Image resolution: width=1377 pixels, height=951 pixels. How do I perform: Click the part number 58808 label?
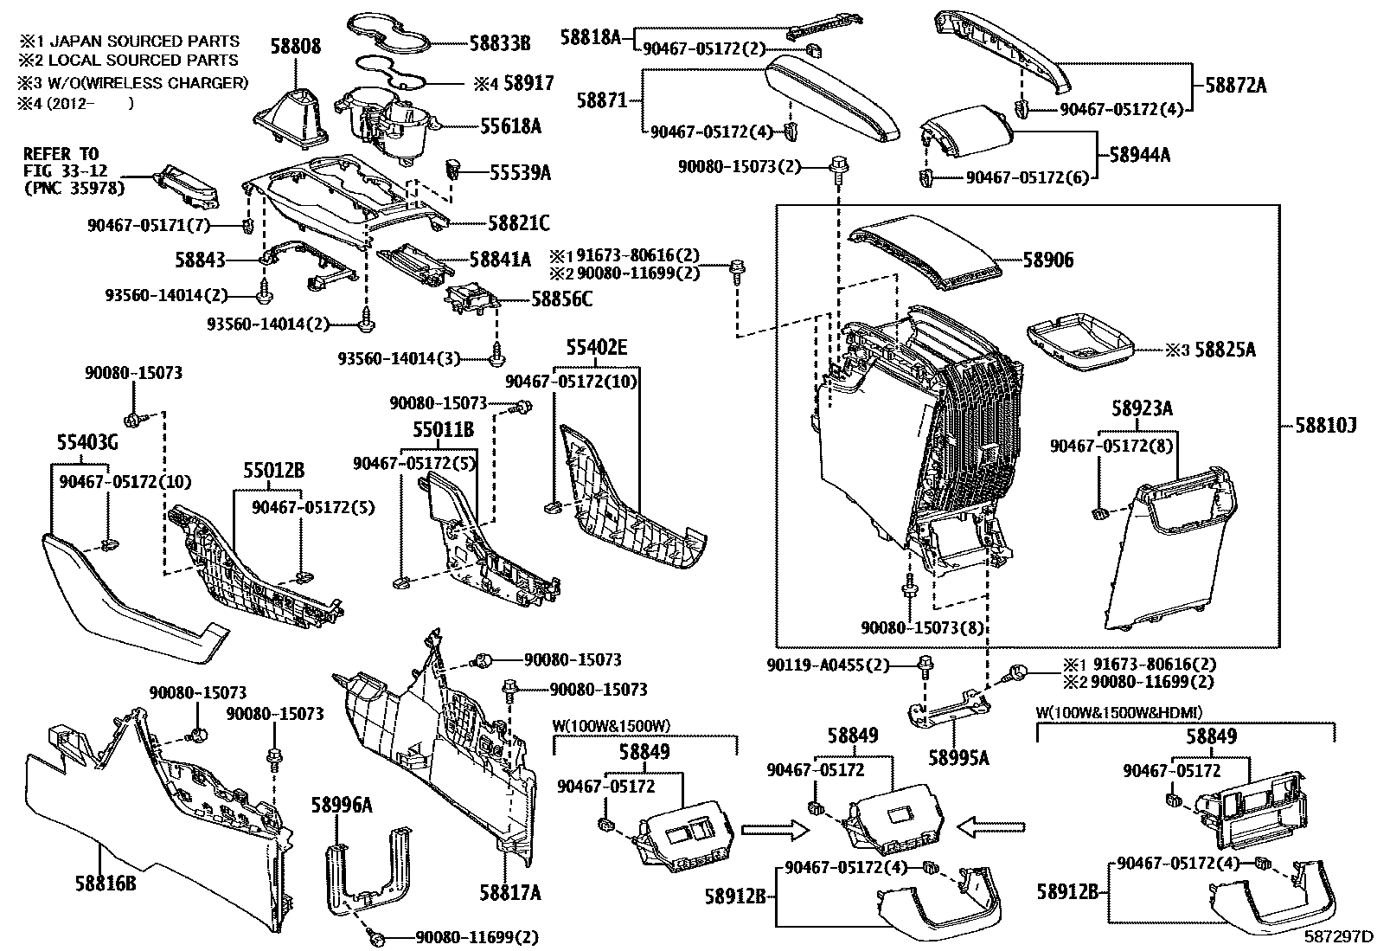pos(294,46)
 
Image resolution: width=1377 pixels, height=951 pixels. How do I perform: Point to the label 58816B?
pos(100,884)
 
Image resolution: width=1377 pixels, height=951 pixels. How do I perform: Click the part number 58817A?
pos(509,892)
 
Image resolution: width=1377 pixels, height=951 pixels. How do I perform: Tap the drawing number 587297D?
pos(1339,936)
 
